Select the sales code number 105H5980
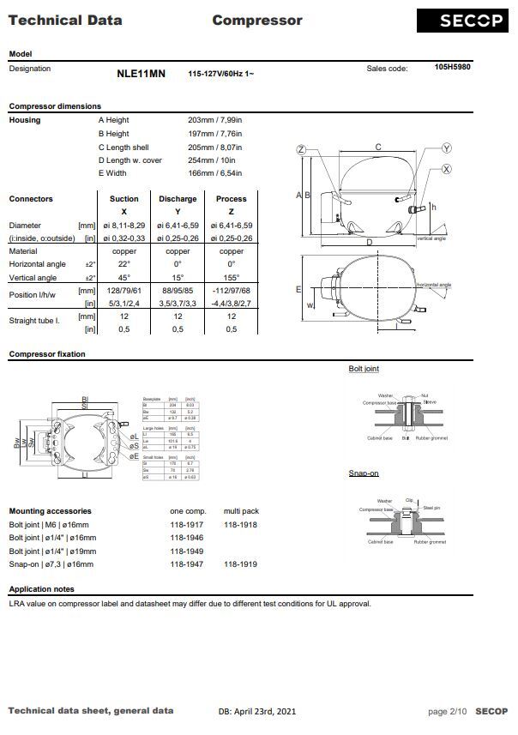tap(452, 67)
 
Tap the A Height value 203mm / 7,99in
tap(214, 120)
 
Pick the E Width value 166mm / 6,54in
tap(214, 174)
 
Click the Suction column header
tap(124, 199)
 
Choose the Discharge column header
tap(178, 199)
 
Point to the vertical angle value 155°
tap(232, 278)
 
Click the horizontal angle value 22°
tap(124, 265)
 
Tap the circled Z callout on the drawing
tap(301, 150)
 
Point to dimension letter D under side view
tap(370, 243)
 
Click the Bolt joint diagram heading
tap(364, 368)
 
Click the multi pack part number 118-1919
tap(241, 564)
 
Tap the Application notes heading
tap(41, 589)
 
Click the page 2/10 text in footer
tap(447, 711)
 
